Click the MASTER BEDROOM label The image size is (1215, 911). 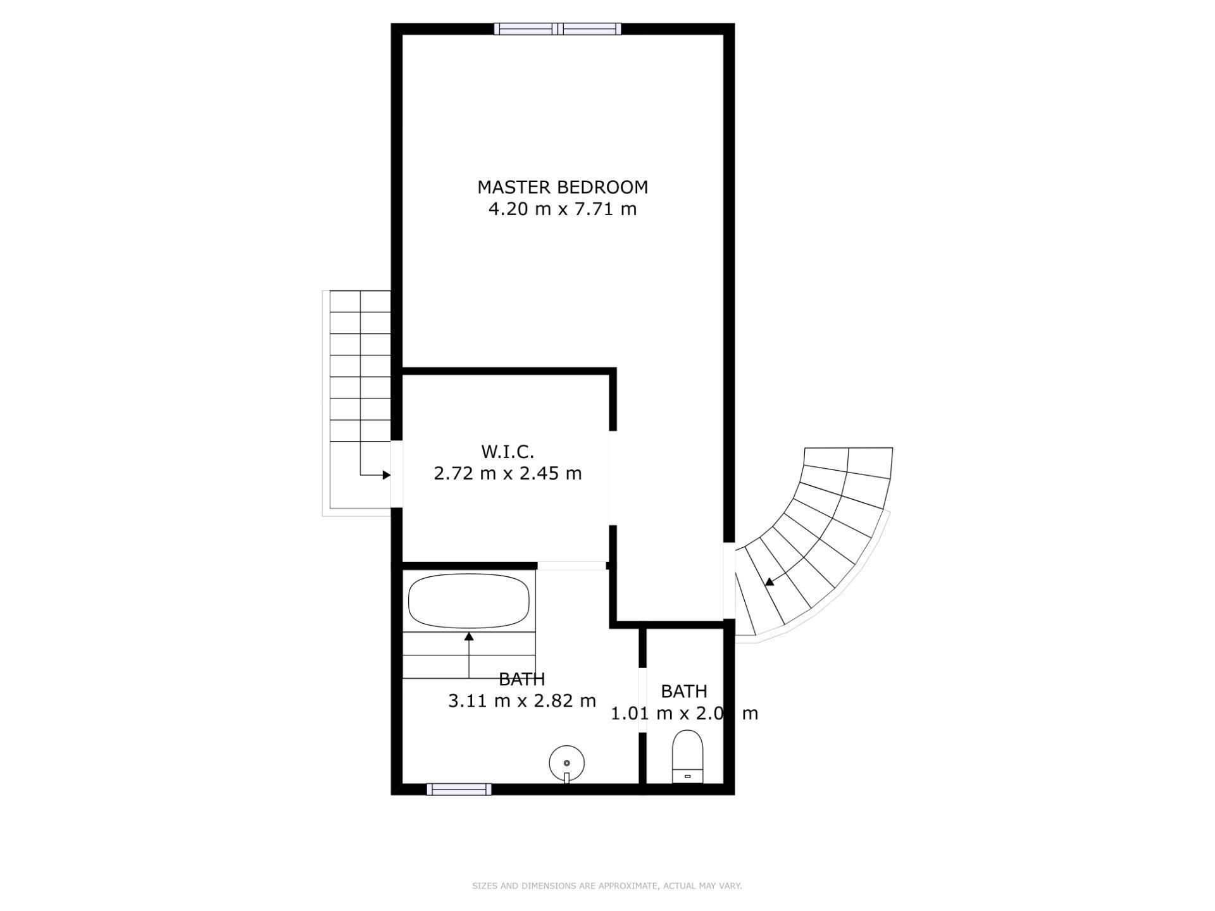coord(562,187)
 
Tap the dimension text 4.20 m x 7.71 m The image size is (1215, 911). coord(562,209)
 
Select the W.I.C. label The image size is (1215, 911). coord(508,452)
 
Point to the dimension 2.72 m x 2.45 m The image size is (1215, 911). coord(508,473)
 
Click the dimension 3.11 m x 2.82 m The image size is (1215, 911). coord(522,701)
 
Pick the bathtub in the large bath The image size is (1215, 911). coord(469,600)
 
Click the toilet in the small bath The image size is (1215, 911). coord(687,756)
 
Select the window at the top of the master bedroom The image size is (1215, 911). coord(557,28)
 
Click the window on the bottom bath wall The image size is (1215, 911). coord(459,789)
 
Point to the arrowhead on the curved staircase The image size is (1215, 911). coord(769,582)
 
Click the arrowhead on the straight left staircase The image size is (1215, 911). coord(386,474)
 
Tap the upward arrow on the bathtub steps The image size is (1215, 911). coord(469,638)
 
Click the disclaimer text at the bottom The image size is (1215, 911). coord(607,886)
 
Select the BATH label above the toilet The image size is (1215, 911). coord(683,691)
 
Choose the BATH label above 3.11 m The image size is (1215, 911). coord(522,679)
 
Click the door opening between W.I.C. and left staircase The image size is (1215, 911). coord(397,473)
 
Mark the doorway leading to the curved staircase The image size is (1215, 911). coord(729,580)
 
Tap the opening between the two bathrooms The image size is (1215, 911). coord(642,699)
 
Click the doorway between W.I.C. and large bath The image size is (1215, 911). coord(571,566)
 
